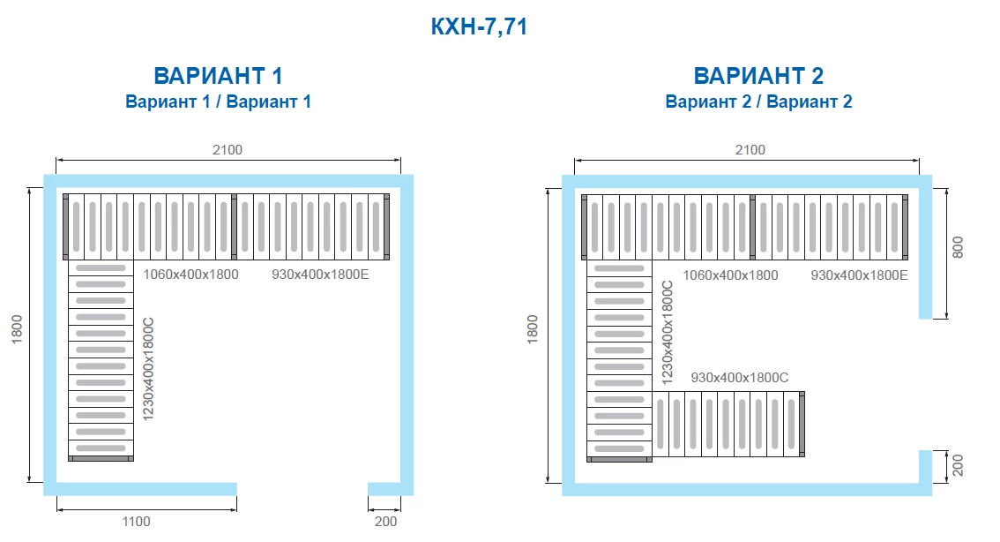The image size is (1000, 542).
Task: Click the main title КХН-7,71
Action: [479, 26]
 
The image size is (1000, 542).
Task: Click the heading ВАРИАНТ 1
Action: [218, 76]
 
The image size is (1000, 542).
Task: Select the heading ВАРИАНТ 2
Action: [758, 76]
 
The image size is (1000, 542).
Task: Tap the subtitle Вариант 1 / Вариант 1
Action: [218, 102]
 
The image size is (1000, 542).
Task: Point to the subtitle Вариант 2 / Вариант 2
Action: [758, 102]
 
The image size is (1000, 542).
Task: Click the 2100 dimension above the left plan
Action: [227, 149]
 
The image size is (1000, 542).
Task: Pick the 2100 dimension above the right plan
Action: [750, 149]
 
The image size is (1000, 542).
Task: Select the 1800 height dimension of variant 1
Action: [17, 329]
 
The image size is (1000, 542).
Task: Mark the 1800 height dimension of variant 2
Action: [533, 329]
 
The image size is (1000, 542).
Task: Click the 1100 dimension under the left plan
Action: [136, 522]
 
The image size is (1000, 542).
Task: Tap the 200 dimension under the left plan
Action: [385, 522]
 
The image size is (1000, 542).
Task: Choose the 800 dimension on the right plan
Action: [958, 247]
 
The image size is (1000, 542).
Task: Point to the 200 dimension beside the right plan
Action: [958, 465]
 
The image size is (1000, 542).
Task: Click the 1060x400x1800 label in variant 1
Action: [190, 275]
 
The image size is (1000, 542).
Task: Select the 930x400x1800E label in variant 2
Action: [859, 275]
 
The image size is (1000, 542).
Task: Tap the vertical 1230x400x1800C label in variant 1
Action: [149, 369]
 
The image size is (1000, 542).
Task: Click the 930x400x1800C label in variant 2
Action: [739, 378]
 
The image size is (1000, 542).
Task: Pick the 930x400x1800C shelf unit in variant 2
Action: [728, 424]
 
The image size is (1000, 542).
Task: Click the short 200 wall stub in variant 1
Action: [384, 489]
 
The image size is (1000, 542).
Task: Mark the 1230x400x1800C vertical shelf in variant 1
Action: [101, 360]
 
